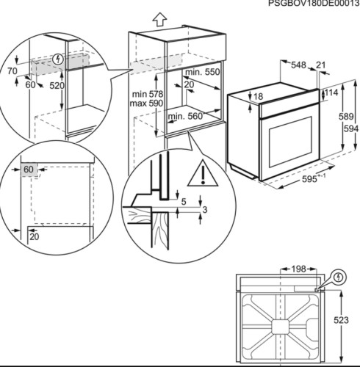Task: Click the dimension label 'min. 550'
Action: tap(203, 73)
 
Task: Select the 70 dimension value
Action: tap(12, 71)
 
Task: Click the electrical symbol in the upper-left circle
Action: tap(58, 58)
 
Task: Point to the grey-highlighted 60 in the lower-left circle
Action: tap(29, 170)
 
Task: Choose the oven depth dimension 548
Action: tap(298, 65)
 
